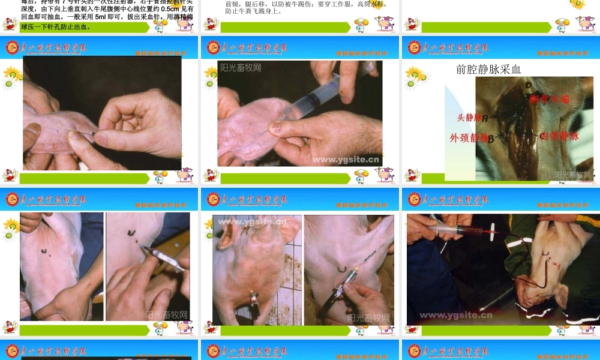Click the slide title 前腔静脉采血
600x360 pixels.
(x=488, y=69)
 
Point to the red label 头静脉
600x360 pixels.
(x=469, y=118)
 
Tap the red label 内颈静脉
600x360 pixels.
(x=559, y=136)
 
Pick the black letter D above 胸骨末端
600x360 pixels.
(x=528, y=86)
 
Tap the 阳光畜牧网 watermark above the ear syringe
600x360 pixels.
(x=241, y=68)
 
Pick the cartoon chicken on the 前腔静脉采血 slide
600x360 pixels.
(x=412, y=175)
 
